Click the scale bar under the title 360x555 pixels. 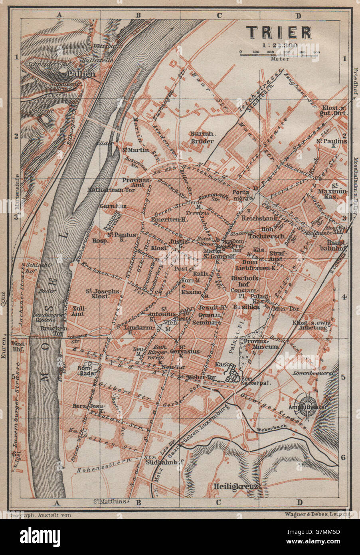coord(279,52)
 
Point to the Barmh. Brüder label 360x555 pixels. coord(203,137)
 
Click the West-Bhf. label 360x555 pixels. coord(19,346)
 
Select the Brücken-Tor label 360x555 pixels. coord(49,329)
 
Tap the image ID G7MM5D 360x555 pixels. coord(324,532)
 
